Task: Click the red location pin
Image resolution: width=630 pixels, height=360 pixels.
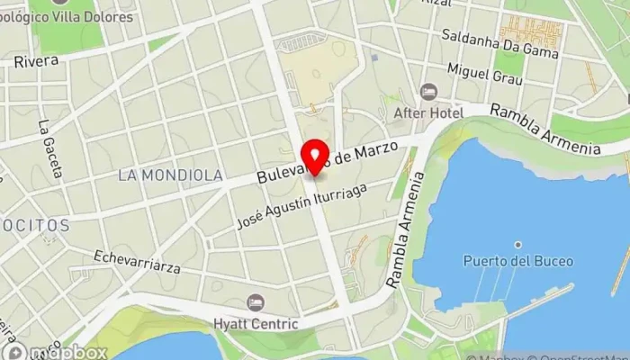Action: tap(314, 157)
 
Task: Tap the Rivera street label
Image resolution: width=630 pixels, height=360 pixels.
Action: tap(36, 61)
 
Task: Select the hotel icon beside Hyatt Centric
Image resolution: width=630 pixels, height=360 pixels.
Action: tap(255, 302)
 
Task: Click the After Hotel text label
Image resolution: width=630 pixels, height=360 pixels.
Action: tap(428, 113)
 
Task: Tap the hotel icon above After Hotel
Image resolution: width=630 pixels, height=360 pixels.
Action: tap(428, 92)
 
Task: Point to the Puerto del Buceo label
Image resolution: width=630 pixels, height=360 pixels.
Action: tap(507, 261)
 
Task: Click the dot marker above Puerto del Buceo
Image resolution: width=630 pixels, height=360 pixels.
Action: tap(518, 244)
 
